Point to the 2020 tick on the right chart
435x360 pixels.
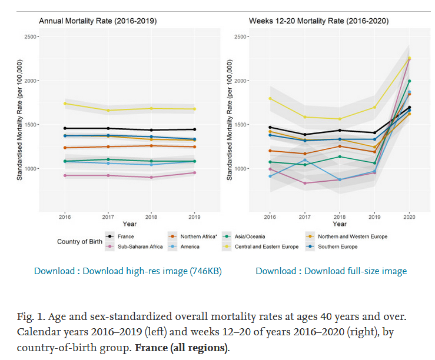[409, 217]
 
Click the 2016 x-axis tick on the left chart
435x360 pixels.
[65, 217]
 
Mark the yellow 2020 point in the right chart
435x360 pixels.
[409, 58]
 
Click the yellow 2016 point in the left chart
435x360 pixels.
[65, 104]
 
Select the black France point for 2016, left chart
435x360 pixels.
[65, 128]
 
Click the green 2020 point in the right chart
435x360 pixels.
[409, 81]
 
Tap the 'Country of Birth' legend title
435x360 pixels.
[79, 242]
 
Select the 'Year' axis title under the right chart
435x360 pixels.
[339, 224]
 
